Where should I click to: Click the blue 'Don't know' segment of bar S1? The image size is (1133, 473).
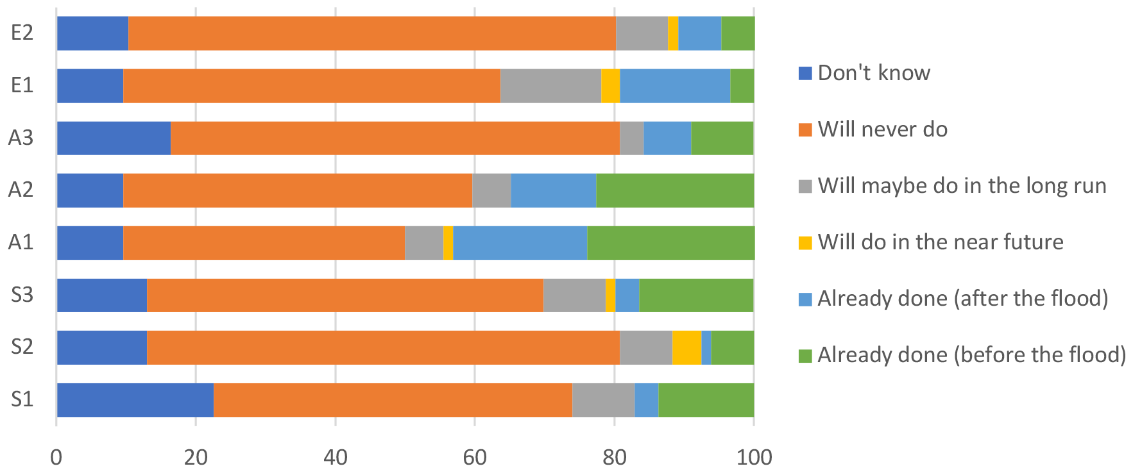(x=135, y=400)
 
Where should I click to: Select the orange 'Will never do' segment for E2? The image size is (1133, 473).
(x=372, y=33)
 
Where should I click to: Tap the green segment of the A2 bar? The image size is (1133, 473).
(x=675, y=190)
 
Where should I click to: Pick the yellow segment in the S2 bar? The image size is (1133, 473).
(x=686, y=347)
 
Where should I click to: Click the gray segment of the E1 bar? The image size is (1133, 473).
(x=550, y=86)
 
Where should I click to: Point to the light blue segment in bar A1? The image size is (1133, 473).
(x=520, y=243)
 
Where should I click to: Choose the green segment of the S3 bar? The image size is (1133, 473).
(x=696, y=295)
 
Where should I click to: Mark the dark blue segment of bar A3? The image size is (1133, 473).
(x=114, y=138)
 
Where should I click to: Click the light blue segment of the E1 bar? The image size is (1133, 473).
(x=675, y=86)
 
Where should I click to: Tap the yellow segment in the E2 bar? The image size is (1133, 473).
(x=673, y=33)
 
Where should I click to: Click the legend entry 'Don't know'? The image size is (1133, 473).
(x=873, y=73)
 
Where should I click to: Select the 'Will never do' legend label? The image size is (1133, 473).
(x=882, y=129)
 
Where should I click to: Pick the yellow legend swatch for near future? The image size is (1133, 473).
(x=805, y=242)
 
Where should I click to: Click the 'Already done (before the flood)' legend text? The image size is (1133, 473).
(x=971, y=355)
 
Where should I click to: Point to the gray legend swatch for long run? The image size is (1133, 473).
(x=805, y=186)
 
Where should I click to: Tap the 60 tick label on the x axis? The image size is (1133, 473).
(x=475, y=458)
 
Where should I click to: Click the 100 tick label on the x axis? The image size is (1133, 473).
(x=754, y=458)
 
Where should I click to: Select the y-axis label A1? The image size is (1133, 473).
(x=21, y=243)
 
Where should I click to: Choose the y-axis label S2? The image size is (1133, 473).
(x=22, y=347)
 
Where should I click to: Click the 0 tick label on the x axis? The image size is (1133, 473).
(x=56, y=458)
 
